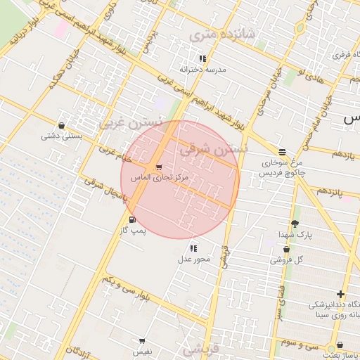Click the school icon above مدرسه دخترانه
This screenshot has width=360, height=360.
(202, 59)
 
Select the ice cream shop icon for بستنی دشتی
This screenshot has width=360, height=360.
(62, 126)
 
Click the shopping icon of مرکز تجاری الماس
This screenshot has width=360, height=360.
(160, 167)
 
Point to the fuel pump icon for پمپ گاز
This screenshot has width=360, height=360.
(131, 220)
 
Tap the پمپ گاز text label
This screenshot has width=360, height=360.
(134, 230)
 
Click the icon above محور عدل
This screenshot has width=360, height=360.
(193, 248)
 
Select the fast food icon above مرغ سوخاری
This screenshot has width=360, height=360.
(282, 152)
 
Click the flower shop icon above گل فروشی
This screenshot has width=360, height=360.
(287, 250)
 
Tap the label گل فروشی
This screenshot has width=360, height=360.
(289, 260)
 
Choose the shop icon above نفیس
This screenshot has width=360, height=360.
(142, 341)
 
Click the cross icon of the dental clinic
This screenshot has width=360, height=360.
(341, 294)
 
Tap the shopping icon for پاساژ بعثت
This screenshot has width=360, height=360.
(340, 345)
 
